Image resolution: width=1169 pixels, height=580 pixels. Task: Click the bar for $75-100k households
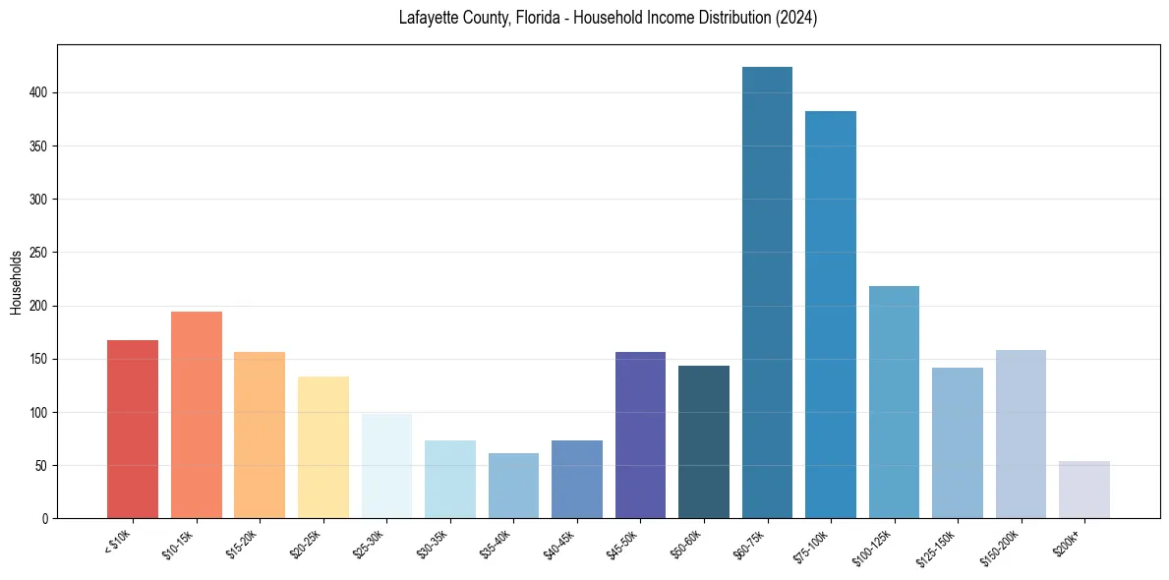coord(831,315)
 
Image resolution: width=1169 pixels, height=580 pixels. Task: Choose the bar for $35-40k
coord(513,486)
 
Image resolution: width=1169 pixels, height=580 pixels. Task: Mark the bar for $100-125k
coord(894,402)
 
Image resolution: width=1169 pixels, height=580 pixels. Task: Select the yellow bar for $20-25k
coord(323,447)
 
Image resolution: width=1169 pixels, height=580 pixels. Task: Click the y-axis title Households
coord(16,282)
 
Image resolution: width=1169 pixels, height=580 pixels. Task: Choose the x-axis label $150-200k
coord(1001,545)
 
